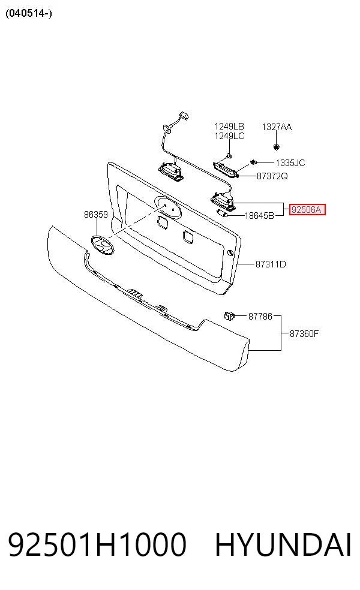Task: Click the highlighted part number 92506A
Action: coord(307,210)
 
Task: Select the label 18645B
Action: coord(259,216)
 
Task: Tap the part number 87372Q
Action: coord(272,176)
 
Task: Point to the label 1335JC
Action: coord(290,163)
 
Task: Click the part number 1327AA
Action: coord(277,127)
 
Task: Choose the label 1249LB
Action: coord(229,127)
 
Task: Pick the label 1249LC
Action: coord(229,136)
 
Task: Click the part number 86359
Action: coord(95,215)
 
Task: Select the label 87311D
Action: coord(271,264)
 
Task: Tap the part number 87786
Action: coord(260,317)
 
